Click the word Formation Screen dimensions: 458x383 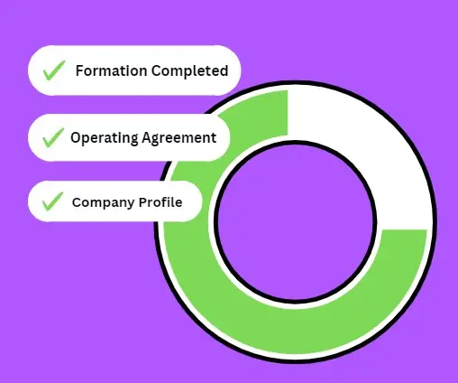point(111,71)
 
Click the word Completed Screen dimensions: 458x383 point(189,71)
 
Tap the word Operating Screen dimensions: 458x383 point(105,138)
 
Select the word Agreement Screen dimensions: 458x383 point(179,138)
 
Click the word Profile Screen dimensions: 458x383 point(160,201)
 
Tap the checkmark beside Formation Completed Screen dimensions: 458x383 point(54,70)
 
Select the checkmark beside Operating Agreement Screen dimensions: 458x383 point(53,137)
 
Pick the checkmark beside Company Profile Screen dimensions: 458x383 point(53,201)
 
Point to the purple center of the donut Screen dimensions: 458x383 point(296,221)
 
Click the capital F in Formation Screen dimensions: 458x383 point(80,71)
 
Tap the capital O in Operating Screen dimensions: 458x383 point(77,137)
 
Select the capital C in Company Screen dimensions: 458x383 point(78,202)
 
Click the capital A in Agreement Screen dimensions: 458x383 point(147,137)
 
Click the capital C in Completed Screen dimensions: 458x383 point(157,71)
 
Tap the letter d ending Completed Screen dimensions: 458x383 point(224,70)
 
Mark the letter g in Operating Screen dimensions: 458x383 point(133,140)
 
